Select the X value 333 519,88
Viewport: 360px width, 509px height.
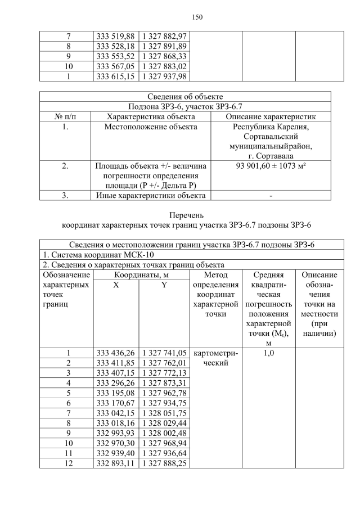coord(115,35)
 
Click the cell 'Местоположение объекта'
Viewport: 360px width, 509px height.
coord(151,127)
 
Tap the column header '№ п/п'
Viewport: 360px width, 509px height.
coord(65,116)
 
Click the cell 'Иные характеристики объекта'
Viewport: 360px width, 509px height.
coord(151,195)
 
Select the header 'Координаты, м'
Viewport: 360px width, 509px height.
coord(142,275)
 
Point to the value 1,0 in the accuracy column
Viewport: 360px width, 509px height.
coord(268,353)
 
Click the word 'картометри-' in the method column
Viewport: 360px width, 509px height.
coord(215,353)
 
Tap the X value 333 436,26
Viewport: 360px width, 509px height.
coord(115,353)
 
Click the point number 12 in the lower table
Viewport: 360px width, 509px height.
coord(67,463)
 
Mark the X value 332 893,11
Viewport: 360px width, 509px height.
coord(115,463)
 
